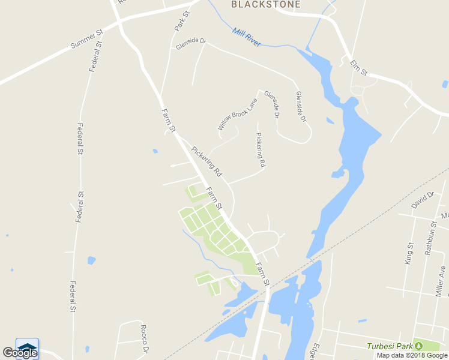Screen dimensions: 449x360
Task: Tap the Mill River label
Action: click(247, 38)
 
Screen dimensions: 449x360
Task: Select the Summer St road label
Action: click(87, 37)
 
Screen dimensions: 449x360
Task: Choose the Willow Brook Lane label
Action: click(238, 114)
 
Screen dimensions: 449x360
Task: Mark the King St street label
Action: click(410, 253)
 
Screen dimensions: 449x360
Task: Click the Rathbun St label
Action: click(430, 239)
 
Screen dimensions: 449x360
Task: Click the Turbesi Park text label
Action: click(390, 346)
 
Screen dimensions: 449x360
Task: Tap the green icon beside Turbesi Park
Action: click(419, 346)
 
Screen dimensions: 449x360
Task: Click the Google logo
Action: click(20, 353)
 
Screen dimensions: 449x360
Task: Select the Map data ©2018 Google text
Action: click(412, 355)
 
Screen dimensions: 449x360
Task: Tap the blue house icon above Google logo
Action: click(28, 347)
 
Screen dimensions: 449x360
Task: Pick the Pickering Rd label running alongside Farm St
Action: click(206, 161)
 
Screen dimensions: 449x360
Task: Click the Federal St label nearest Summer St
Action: click(95, 56)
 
